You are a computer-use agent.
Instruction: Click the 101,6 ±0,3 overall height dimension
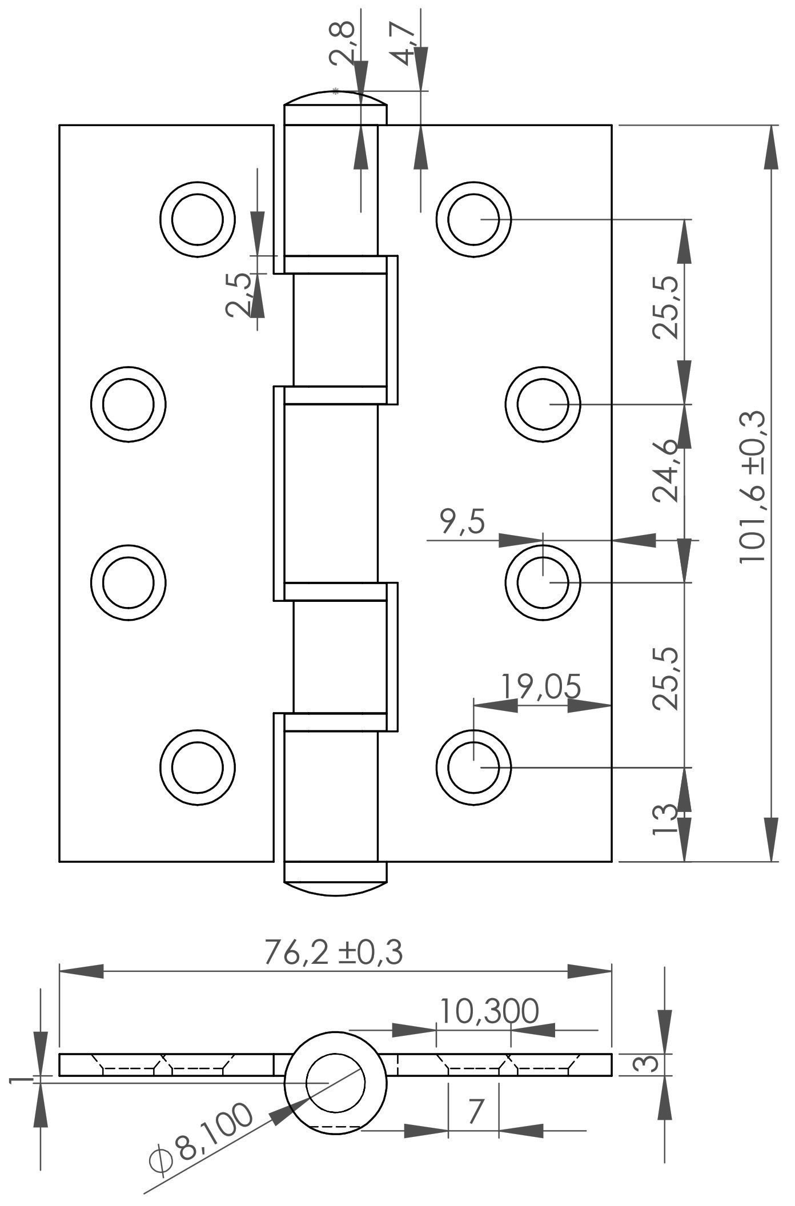pyautogui.click(x=752, y=487)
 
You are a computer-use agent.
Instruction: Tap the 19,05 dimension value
pyautogui.click(x=541, y=686)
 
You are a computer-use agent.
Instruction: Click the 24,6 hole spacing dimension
pyautogui.click(x=666, y=471)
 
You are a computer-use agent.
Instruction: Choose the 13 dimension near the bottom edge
pyautogui.click(x=665, y=820)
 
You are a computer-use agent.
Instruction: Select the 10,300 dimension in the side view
pyautogui.click(x=489, y=1011)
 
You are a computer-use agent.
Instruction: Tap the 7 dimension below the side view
pyautogui.click(x=476, y=1112)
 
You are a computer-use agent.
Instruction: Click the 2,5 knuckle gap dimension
pyautogui.click(x=238, y=295)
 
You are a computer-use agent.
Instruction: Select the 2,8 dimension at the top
pyautogui.click(x=343, y=43)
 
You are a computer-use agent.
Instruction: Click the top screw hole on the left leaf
pyautogui.click(x=197, y=220)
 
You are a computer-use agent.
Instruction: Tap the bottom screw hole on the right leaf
pyautogui.click(x=473, y=767)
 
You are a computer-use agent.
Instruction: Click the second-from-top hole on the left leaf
pyautogui.click(x=129, y=404)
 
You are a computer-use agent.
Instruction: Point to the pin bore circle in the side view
pyautogui.click(x=335, y=1083)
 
